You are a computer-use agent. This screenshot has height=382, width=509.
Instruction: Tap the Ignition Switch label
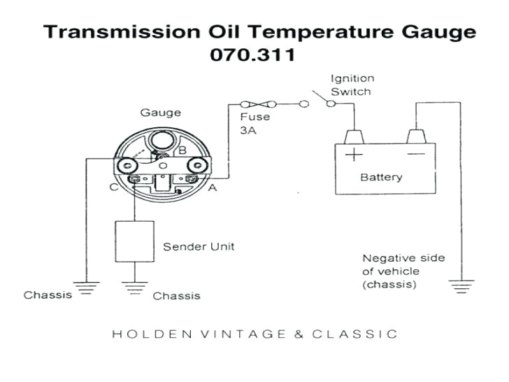pyautogui.click(x=352, y=85)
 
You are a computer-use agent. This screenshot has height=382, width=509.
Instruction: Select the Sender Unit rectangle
pyautogui.click(x=134, y=241)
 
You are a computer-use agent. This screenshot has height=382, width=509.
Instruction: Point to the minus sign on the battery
pyautogui.click(x=416, y=154)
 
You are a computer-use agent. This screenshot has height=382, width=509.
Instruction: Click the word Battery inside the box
pyautogui.click(x=381, y=177)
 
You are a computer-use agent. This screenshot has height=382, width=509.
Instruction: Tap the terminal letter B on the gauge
pyautogui.click(x=181, y=150)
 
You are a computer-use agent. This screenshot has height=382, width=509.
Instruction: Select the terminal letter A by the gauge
pyautogui.click(x=212, y=188)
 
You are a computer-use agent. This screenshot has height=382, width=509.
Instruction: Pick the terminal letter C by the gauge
pyautogui.click(x=113, y=186)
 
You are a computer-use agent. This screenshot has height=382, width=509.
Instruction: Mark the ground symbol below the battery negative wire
pyautogui.click(x=459, y=285)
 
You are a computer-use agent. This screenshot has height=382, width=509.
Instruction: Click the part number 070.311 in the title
pyautogui.click(x=252, y=55)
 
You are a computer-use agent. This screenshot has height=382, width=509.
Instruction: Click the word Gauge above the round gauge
pyautogui.click(x=160, y=113)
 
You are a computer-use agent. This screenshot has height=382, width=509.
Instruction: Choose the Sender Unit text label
pyautogui.click(x=199, y=246)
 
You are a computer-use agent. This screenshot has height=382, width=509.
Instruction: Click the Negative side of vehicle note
pyautogui.click(x=403, y=271)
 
